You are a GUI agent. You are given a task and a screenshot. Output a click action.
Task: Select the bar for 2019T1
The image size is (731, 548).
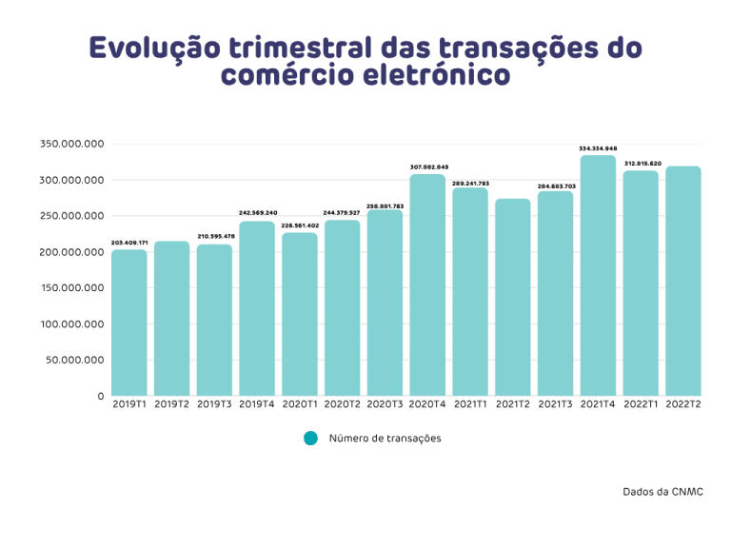point(129,322)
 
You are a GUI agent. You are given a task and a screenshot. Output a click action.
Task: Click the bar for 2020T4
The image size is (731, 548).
point(427,284)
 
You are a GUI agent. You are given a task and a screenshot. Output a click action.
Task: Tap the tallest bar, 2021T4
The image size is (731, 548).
point(598,275)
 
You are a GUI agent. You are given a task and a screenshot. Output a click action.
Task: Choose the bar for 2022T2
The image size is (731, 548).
point(683,281)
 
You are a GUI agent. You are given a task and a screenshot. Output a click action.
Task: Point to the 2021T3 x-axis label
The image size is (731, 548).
point(555,404)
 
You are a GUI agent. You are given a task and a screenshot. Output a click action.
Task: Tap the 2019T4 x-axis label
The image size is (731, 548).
point(257,404)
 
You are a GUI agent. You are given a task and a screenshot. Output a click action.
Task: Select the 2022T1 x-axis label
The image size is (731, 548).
point(641,404)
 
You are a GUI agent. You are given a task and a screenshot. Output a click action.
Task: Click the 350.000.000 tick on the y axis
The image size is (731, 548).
point(71,145)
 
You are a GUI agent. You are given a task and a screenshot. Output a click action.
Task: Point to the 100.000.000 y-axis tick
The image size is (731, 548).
point(71,324)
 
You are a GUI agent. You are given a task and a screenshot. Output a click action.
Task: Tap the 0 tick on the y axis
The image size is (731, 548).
point(100,396)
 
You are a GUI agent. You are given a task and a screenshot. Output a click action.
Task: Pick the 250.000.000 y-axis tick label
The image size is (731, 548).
point(71,216)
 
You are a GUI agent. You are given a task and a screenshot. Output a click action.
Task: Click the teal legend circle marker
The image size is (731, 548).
point(309,438)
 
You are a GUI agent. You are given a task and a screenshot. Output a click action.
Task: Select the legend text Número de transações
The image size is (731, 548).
point(385,439)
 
